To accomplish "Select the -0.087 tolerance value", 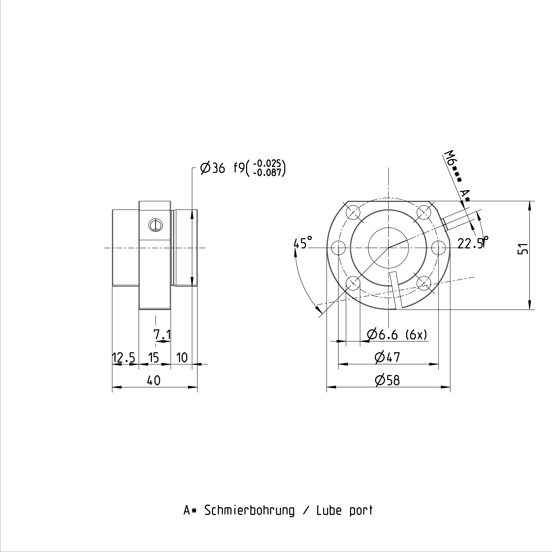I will point(269,173).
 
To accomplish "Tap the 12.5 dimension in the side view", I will point(123,358).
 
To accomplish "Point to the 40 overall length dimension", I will point(154,381).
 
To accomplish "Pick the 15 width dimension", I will point(154,358).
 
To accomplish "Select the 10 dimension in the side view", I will point(182,358).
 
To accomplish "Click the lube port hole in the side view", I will point(155,225).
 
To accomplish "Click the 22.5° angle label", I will point(473,243).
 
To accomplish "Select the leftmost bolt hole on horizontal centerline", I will point(338,248).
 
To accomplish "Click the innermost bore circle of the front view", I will point(388,248).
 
